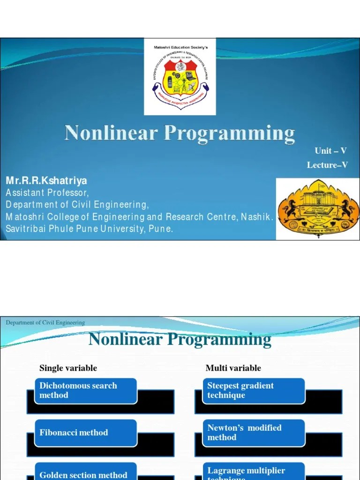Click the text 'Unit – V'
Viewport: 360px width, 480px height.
coord(330,150)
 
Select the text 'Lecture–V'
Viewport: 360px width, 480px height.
coord(327,165)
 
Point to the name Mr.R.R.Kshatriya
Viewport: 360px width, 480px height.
coord(46,181)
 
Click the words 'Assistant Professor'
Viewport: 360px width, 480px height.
coord(47,193)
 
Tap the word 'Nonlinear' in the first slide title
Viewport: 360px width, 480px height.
coord(111,133)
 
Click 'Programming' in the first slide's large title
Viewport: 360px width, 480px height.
coord(229,134)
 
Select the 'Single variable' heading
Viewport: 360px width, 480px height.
coord(68,368)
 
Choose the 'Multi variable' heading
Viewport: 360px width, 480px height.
coord(233,368)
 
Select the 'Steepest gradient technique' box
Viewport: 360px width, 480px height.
coord(250,390)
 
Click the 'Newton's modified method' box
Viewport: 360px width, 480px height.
coord(250,433)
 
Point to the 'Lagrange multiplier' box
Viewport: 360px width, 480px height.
coord(250,471)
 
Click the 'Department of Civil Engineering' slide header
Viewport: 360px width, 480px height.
coord(45,322)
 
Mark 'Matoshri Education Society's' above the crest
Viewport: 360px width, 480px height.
coord(180,47)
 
